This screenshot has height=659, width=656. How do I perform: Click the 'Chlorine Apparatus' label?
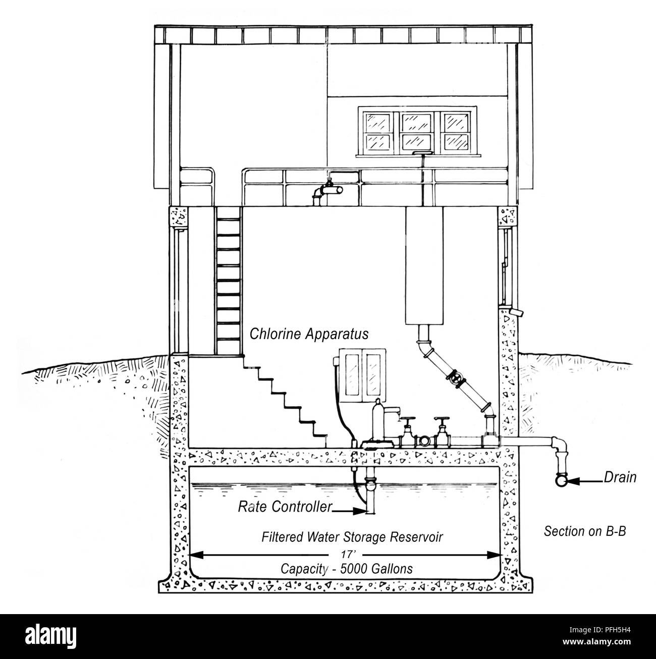click(309, 334)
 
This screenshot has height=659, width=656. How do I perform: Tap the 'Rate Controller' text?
click(285, 507)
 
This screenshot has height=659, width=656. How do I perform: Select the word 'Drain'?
click(620, 477)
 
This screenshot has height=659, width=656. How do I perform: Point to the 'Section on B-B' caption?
click(585, 531)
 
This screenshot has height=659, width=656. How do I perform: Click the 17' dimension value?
click(347, 554)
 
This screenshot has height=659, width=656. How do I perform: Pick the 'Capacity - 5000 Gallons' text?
click(347, 569)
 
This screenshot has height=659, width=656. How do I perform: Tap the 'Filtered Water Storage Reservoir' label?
click(352, 537)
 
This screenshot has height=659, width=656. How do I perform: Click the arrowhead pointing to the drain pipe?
click(574, 481)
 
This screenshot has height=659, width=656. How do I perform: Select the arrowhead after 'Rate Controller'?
click(360, 512)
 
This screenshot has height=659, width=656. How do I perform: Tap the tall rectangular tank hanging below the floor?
click(424, 265)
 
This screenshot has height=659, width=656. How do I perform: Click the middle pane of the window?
click(416, 132)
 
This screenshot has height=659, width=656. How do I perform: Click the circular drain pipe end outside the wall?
click(561, 481)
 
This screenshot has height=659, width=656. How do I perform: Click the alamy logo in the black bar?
click(51, 635)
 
